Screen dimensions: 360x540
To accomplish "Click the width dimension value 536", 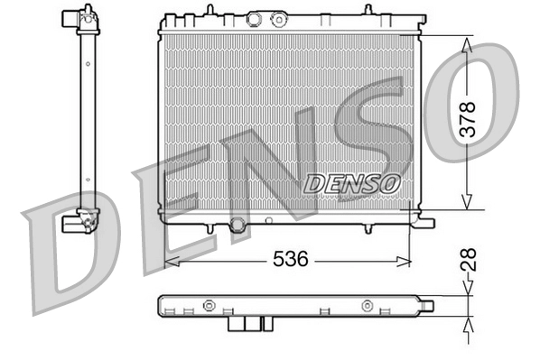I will pyautogui.click(x=291, y=260).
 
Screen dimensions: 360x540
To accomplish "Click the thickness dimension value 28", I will pyautogui.click(x=468, y=263).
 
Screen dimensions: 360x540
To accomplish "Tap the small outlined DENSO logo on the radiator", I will pyautogui.click(x=353, y=182).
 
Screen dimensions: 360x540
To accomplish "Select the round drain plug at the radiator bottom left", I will pyautogui.click(x=238, y=225).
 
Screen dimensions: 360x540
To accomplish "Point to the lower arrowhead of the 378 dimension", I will pyautogui.click(x=467, y=203).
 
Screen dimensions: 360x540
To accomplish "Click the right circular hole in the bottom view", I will pyautogui.click(x=366, y=305).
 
